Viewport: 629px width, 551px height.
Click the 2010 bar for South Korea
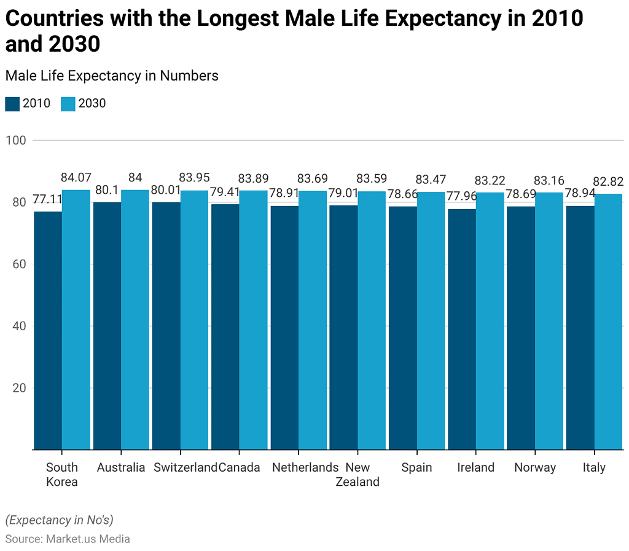point(48,331)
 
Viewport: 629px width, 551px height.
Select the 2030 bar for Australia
point(135,320)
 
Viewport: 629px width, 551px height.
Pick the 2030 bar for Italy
point(609,322)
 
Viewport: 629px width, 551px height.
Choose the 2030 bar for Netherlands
point(313,320)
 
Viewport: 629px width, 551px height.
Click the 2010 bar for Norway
point(521,328)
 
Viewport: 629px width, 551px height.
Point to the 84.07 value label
point(76,178)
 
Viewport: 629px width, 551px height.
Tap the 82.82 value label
point(609,181)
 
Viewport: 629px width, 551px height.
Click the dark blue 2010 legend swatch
point(12,103)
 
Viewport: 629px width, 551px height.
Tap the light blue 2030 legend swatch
point(68,103)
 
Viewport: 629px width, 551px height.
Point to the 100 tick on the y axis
point(16,140)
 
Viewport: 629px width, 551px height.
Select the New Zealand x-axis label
point(357,474)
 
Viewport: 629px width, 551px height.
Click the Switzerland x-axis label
point(186,467)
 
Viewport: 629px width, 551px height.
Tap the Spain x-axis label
point(416,467)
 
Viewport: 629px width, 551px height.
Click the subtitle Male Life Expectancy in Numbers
point(112,76)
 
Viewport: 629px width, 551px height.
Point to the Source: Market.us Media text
point(68,539)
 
